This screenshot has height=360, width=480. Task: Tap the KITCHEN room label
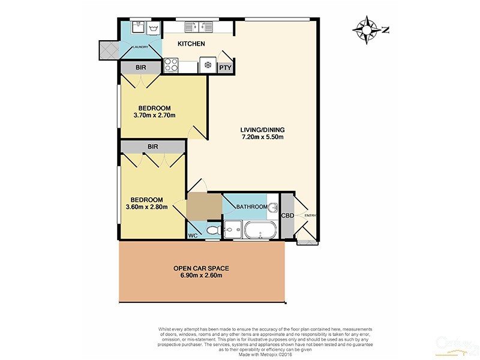point(191,44)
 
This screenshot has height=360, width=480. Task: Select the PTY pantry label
point(225,68)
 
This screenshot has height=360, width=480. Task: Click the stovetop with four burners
point(170,64)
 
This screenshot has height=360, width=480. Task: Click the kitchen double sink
point(199,26)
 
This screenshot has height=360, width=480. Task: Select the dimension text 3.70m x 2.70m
point(152,116)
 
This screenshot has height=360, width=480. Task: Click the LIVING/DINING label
point(262,130)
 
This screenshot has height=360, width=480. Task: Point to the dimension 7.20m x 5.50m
point(262,137)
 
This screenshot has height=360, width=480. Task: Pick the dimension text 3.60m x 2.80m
point(146,208)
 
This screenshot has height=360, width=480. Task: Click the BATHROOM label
point(251,207)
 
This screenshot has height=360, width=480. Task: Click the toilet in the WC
point(212,230)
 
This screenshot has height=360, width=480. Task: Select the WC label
point(193,236)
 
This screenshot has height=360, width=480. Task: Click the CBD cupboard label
point(287,216)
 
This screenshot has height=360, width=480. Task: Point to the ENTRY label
point(310,216)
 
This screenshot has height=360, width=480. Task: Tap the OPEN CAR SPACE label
point(202,268)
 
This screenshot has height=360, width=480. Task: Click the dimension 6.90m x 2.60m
point(202,276)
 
